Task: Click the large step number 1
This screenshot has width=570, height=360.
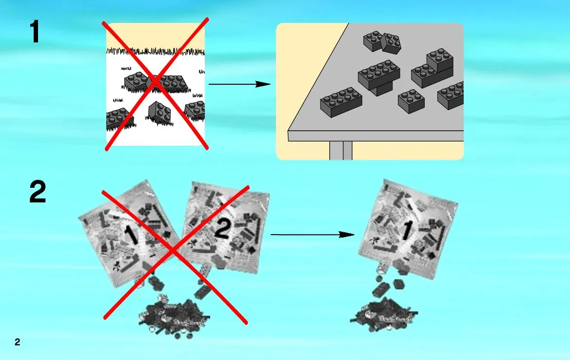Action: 35,32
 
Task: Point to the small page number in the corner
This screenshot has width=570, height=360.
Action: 18,342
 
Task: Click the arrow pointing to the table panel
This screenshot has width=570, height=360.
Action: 239,84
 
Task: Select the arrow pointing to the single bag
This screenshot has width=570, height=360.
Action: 312,235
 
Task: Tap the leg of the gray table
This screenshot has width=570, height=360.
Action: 341,150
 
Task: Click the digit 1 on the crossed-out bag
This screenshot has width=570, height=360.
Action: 131,235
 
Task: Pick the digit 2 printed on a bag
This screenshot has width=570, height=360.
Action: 223,229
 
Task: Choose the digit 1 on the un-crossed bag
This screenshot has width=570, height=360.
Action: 407,230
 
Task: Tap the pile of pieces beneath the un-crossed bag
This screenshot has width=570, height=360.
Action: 384,315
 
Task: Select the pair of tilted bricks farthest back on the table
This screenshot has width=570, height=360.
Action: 382,42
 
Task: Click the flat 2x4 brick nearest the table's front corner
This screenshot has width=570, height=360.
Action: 341,102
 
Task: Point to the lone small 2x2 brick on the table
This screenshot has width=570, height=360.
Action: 411,101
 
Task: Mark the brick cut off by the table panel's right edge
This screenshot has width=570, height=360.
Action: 451,95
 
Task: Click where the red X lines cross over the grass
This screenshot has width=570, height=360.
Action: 156,82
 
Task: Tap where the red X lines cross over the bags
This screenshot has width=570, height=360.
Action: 174,251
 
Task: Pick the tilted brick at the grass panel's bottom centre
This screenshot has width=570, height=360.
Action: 159,112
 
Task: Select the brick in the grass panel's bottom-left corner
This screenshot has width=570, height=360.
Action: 119,119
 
